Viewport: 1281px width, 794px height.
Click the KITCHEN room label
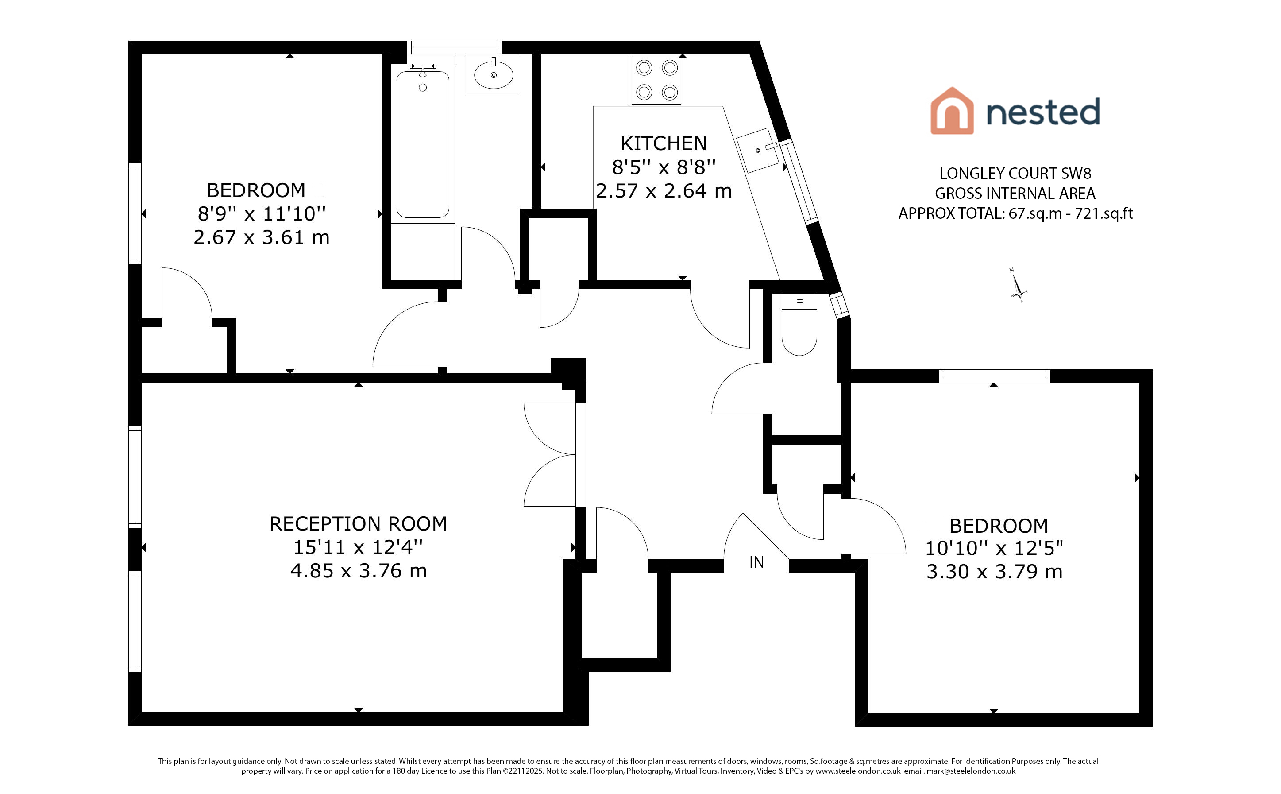point(664,143)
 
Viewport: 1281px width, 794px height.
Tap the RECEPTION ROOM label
point(358,523)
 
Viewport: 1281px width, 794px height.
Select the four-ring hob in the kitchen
point(656,80)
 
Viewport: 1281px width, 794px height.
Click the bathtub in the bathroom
point(422,144)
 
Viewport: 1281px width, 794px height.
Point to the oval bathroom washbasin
point(493,74)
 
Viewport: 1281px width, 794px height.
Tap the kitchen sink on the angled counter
point(758,150)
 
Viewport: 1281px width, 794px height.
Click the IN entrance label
point(756,562)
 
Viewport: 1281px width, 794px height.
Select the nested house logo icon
point(952,111)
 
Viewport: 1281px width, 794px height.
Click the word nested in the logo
point(1043,111)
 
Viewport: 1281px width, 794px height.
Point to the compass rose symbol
point(1018,286)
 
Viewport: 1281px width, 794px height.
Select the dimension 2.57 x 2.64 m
point(664,190)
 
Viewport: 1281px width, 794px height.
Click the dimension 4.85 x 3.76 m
point(359,571)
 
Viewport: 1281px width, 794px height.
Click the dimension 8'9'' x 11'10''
point(261,214)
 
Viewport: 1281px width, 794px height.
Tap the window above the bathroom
point(455,47)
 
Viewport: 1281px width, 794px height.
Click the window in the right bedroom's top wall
point(994,376)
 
